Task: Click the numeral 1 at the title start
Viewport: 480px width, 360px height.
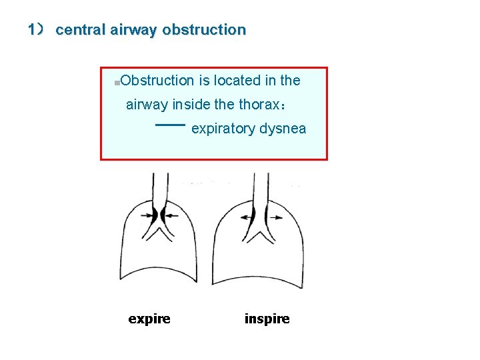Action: pyautogui.click(x=31, y=30)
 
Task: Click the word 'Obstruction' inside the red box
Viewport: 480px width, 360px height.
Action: pyautogui.click(x=157, y=81)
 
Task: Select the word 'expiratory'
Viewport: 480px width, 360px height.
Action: pyautogui.click(x=223, y=129)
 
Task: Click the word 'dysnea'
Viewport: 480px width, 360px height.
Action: pyautogui.click(x=283, y=129)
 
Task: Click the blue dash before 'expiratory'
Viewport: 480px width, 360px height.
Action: pyautogui.click(x=170, y=125)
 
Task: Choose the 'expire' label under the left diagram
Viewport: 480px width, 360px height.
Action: pyautogui.click(x=149, y=319)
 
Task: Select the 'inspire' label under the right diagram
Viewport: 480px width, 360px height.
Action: pyautogui.click(x=267, y=319)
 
